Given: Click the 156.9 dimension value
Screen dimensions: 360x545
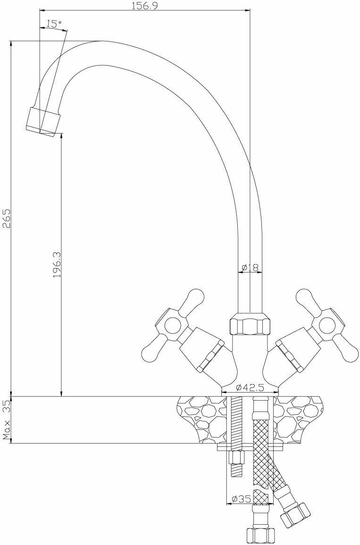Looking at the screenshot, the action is click(144, 6).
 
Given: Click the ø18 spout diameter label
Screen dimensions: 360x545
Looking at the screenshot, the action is click(250, 268).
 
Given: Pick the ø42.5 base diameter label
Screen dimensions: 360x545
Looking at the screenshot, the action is click(250, 387).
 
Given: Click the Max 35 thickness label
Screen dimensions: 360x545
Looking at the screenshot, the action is click(7, 419).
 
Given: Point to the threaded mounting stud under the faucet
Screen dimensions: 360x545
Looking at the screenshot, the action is click(236, 425).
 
